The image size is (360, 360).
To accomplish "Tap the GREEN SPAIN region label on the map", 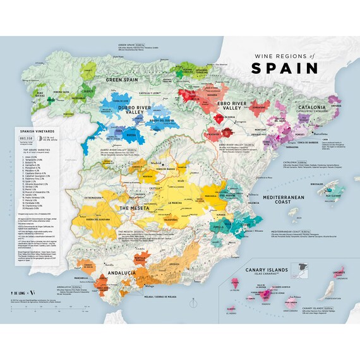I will click(122, 80).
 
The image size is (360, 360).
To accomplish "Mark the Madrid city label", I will click(158, 162).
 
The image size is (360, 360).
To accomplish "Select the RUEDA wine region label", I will click(129, 135).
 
